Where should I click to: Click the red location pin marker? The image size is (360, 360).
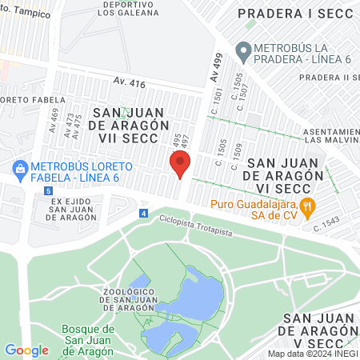[x=180, y=164]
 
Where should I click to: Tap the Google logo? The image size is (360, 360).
[x=26, y=350]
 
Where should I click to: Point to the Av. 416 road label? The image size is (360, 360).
[x=130, y=82]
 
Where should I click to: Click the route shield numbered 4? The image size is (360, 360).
[x=143, y=214]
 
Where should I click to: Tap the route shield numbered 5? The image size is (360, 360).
[x=49, y=192]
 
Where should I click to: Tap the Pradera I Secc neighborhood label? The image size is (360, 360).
[x=296, y=13]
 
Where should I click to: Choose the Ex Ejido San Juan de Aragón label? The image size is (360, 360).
[x=67, y=210]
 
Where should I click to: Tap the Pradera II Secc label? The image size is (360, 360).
[x=328, y=77]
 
